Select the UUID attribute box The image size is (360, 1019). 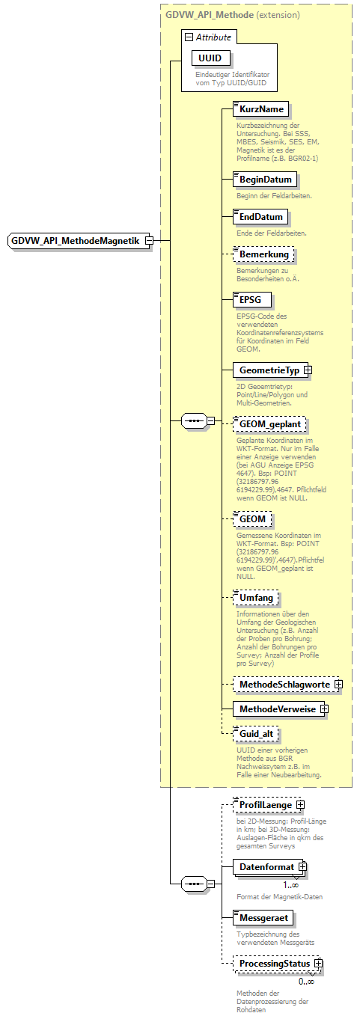tap(211, 58)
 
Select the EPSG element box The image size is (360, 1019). tap(251, 299)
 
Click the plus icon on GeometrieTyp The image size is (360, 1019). tap(308, 370)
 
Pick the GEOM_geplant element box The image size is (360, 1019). tap(269, 424)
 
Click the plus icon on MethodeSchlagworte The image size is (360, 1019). tap(338, 684)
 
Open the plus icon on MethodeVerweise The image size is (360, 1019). tap(324, 708)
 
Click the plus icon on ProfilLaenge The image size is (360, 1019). tap(300, 804)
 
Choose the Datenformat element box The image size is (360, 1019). tap(266, 866)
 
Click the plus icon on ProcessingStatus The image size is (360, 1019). tap(319, 964)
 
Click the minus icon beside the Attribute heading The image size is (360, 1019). tap(189, 37)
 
